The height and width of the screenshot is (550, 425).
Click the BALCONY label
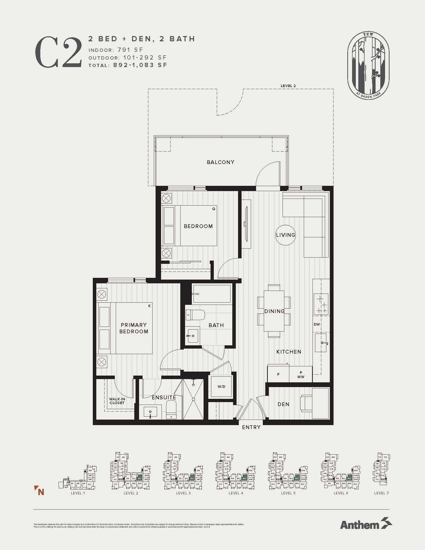coord(221,162)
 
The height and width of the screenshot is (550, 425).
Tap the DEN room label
coord(283,404)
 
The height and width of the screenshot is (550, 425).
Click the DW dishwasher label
coord(317,324)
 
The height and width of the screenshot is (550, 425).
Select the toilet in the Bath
coord(195,315)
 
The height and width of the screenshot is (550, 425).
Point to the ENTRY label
coord(251,427)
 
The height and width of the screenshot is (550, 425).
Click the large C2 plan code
coord(58,52)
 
